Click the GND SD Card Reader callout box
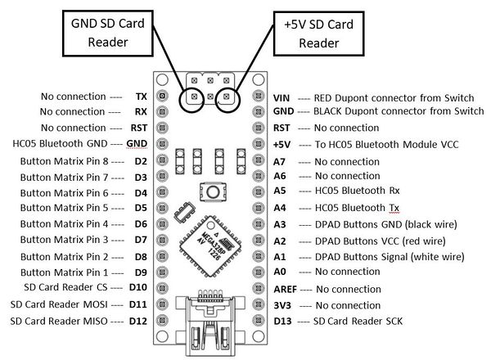(x=108, y=34)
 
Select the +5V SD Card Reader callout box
(x=319, y=34)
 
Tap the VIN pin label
(x=282, y=98)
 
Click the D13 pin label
(x=282, y=322)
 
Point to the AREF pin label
(x=285, y=290)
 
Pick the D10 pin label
(x=137, y=287)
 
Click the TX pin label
(x=142, y=97)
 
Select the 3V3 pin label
(x=282, y=305)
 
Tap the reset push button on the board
(x=213, y=191)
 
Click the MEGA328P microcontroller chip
(x=210, y=245)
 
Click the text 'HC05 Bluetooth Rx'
(x=358, y=191)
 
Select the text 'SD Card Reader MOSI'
(x=59, y=304)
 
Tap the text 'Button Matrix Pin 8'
(x=64, y=161)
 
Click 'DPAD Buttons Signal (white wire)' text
(x=390, y=257)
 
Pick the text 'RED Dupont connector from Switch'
(x=394, y=98)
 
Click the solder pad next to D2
(x=162, y=160)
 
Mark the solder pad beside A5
(x=258, y=191)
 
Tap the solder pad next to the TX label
(x=162, y=96)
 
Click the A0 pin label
(x=280, y=272)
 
